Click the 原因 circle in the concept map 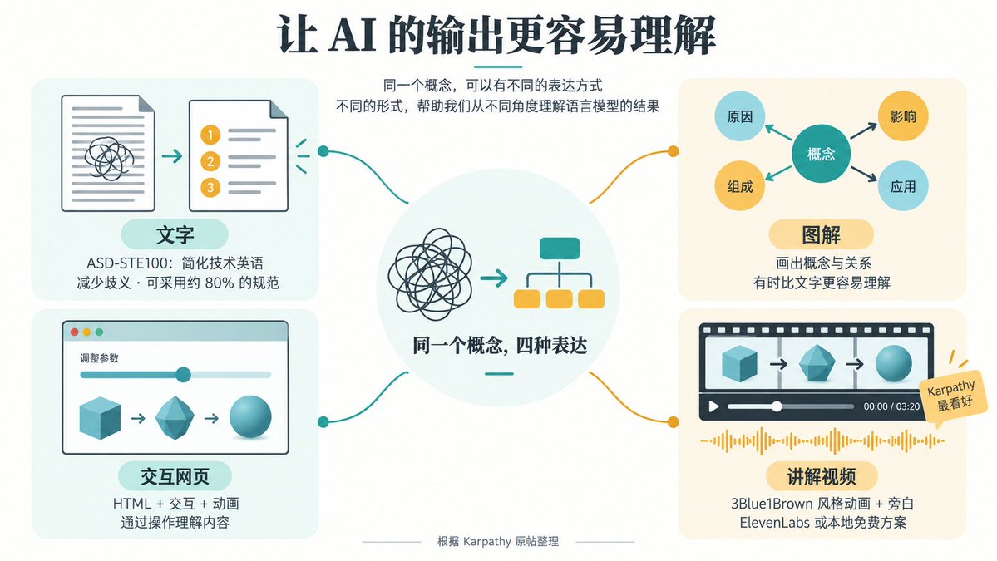pyautogui.click(x=739, y=116)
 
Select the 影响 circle pyautogui.click(x=903, y=116)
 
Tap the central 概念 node pyautogui.click(x=821, y=154)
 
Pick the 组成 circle pyautogui.click(x=739, y=186)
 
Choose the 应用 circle pyautogui.click(x=903, y=186)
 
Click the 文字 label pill pyautogui.click(x=175, y=234)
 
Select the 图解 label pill pyautogui.click(x=821, y=234)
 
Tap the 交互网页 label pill pyautogui.click(x=175, y=476)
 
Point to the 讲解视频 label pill pyautogui.click(x=821, y=476)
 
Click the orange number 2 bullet pyautogui.click(x=210, y=161)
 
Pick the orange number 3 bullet pyautogui.click(x=210, y=188)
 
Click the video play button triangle pyautogui.click(x=714, y=406)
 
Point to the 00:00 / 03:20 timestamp pyautogui.click(x=891, y=406)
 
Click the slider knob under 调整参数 pyautogui.click(x=183, y=374)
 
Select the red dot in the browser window pyautogui.click(x=74, y=332)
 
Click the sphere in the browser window pyautogui.click(x=250, y=416)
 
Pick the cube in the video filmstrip pyautogui.click(x=739, y=364)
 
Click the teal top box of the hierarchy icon pyautogui.click(x=560, y=249)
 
